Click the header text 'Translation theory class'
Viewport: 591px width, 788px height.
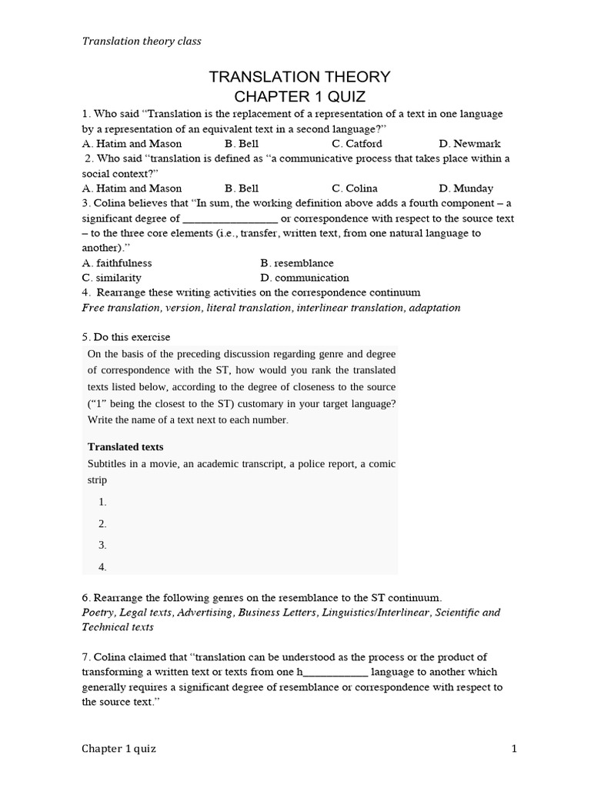pos(142,41)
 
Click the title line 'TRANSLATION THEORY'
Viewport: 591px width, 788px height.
pos(300,76)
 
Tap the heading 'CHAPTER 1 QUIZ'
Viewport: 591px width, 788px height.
pos(300,95)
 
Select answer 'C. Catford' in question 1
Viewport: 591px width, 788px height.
pos(357,143)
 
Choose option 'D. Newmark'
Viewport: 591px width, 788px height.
pos(469,143)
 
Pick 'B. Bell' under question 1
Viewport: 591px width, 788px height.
pos(242,143)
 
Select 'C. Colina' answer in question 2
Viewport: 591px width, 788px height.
pos(355,188)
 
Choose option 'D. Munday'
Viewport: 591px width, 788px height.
pos(466,188)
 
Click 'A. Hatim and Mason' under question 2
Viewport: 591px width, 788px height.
pos(132,188)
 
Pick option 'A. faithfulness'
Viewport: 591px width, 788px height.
pos(117,262)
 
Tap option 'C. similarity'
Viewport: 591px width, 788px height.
pos(112,278)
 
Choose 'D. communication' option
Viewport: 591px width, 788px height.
pos(305,278)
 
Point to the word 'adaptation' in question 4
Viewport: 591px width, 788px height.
pos(436,308)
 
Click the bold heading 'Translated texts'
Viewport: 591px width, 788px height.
pos(125,446)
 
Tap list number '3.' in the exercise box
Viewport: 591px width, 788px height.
pos(102,545)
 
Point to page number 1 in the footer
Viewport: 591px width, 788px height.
pos(512,749)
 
